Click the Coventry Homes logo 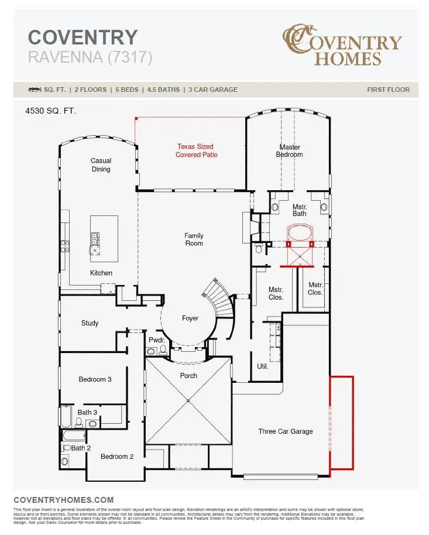[x=342, y=44]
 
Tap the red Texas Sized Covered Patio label [x=196, y=151]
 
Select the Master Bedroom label [x=290, y=151]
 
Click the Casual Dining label [x=101, y=165]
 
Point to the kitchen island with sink [x=104, y=238]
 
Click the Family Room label [x=194, y=239]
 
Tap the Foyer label [x=190, y=318]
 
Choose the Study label [x=90, y=323]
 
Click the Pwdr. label [x=156, y=339]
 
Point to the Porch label [x=188, y=376]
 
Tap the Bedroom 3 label [x=95, y=379]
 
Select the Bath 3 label [x=87, y=412]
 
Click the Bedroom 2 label [x=117, y=457]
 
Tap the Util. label [x=263, y=366]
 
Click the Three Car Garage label [x=286, y=431]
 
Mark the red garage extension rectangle [x=341, y=423]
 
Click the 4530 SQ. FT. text [x=50, y=110]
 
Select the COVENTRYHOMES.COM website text [x=63, y=500]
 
